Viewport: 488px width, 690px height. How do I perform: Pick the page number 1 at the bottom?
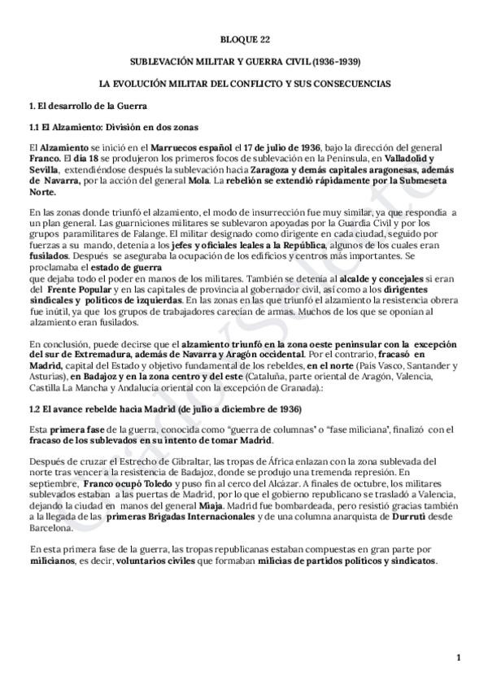tap(459, 657)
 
